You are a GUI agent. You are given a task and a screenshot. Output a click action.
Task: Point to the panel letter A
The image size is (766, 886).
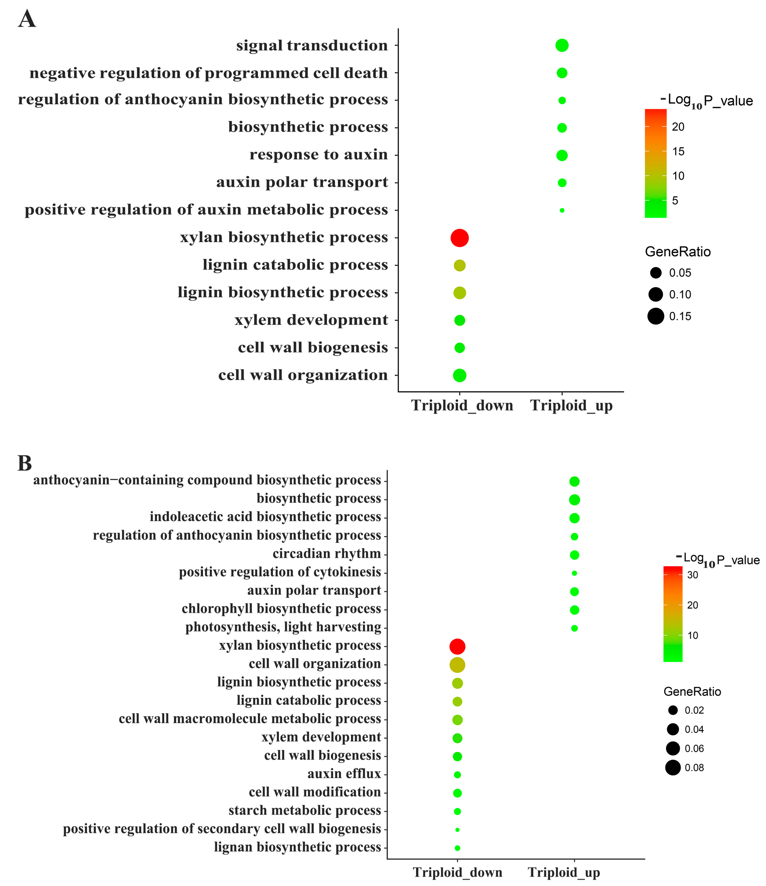[27, 19]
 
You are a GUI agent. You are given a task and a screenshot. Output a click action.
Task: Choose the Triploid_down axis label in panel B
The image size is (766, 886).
[457, 872]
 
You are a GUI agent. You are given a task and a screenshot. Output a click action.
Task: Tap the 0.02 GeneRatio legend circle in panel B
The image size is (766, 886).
[673, 710]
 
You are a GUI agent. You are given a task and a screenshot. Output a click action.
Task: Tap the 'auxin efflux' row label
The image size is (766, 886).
[344, 774]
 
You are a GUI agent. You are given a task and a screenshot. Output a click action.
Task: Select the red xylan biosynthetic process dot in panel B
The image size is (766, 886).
[457, 646]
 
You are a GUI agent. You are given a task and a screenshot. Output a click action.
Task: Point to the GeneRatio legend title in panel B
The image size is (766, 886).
[692, 691]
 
